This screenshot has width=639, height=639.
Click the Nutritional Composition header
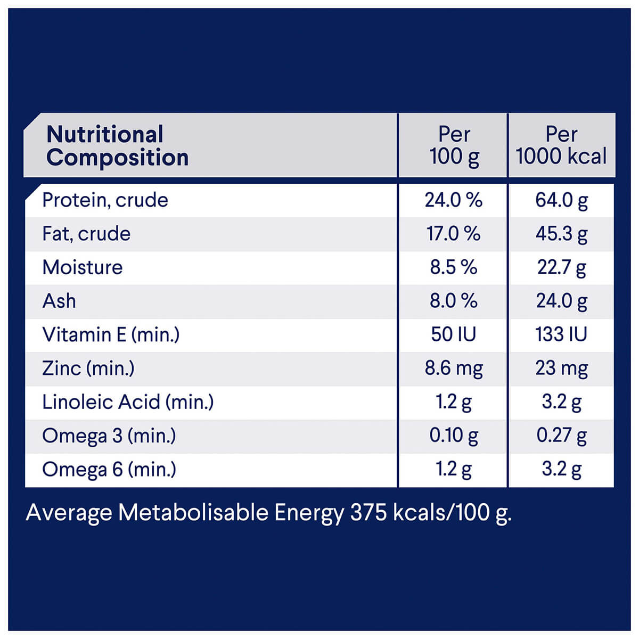click(117, 146)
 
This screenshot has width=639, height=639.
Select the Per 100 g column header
click(454, 145)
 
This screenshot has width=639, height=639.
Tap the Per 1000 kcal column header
click(561, 145)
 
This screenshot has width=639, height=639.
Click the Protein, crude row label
click(105, 200)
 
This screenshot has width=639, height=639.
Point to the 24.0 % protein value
click(453, 200)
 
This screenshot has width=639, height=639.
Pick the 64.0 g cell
click(561, 201)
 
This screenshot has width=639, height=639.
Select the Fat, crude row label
click(86, 234)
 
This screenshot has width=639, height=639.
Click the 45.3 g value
click(561, 234)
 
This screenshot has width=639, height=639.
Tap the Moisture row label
click(82, 267)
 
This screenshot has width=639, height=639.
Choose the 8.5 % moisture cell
click(453, 267)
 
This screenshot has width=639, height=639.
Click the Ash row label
click(59, 301)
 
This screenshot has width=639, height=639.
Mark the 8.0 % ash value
click(453, 301)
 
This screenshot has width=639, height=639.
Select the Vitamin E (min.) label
click(111, 334)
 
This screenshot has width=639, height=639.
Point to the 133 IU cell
click(561, 334)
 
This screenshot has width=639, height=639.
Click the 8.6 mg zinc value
click(453, 368)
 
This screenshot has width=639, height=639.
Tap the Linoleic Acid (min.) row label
click(128, 402)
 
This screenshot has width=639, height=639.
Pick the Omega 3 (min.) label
click(109, 436)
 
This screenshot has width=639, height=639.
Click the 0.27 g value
click(561, 436)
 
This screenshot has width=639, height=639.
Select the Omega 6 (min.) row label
click(109, 469)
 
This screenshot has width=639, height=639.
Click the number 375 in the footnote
click(368, 513)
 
